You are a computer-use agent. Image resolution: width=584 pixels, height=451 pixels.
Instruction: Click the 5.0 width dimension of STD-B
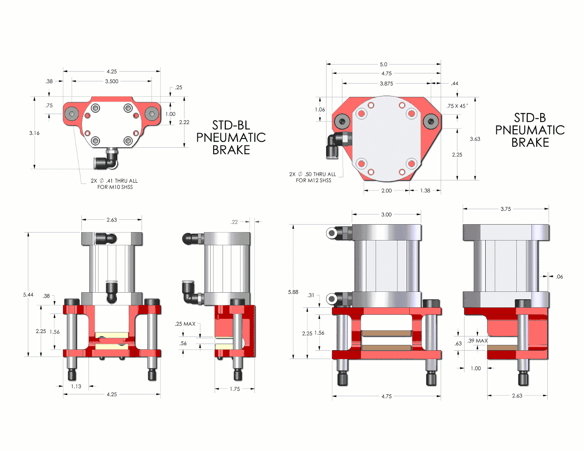tap(383, 65)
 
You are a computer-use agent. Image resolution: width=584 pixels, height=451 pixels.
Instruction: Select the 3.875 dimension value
tap(386, 84)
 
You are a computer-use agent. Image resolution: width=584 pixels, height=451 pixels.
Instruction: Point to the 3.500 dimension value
tap(111, 81)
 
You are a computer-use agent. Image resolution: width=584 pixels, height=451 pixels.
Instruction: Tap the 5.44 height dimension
tap(28, 294)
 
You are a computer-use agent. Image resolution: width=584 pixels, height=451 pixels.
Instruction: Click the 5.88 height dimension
tap(293, 292)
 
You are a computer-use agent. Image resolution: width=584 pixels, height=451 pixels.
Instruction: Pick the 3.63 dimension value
tap(475, 139)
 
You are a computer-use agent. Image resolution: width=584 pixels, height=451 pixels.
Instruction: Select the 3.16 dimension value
tap(35, 133)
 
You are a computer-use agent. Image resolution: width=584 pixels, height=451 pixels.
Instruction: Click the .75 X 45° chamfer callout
tap(457, 106)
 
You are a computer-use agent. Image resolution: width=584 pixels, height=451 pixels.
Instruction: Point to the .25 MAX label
tap(185, 324)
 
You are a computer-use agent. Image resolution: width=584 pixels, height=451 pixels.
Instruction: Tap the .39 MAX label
tap(477, 341)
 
